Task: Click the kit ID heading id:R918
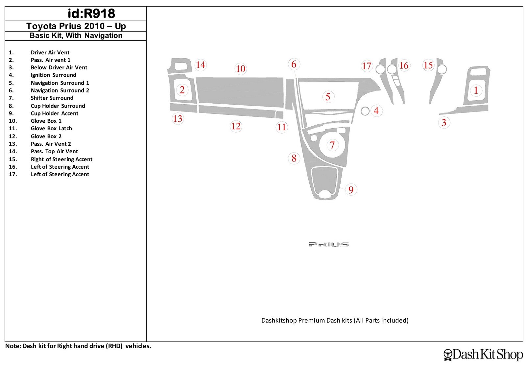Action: pos(91,13)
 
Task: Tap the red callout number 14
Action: pos(201,65)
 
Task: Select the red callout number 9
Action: pos(351,190)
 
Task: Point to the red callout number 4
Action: pos(376,111)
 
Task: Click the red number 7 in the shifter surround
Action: pos(332,145)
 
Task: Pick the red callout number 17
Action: pos(367,66)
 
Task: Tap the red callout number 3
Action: pos(443,123)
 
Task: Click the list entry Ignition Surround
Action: pos(53,75)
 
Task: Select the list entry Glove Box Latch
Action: pos(51,128)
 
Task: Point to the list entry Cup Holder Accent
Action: pos(55,113)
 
